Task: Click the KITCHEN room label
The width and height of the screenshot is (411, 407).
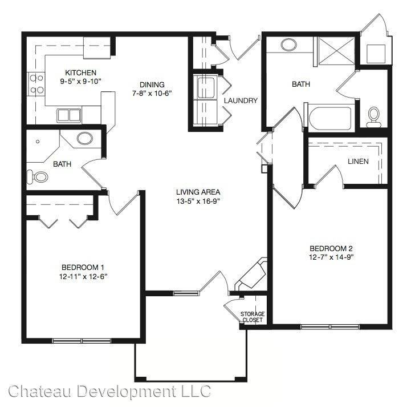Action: (81, 72)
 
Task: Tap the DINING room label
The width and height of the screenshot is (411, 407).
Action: (152, 84)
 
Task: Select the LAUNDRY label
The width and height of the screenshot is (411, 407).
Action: (241, 100)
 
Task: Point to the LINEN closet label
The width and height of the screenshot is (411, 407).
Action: (358, 161)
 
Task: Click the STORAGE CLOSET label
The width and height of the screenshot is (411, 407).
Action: (253, 317)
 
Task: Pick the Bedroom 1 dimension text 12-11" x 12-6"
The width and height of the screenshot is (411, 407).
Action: (83, 276)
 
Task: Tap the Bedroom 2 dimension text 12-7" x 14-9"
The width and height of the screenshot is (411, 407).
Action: (331, 257)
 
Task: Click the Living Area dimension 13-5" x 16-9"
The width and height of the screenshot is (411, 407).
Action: (198, 201)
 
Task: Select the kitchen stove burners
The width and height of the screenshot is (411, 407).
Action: (36, 84)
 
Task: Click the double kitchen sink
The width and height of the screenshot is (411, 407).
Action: (69, 115)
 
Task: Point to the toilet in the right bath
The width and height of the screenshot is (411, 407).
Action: (373, 117)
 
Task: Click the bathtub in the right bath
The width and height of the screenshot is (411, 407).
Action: (330, 118)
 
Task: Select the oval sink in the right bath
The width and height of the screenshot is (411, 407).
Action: (288, 45)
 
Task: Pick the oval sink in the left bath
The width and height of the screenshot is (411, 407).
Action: (85, 138)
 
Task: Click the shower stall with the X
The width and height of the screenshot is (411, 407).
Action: (336, 51)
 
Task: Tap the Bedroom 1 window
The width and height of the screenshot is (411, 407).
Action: (82, 341)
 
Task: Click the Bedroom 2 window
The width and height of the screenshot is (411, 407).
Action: (330, 327)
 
